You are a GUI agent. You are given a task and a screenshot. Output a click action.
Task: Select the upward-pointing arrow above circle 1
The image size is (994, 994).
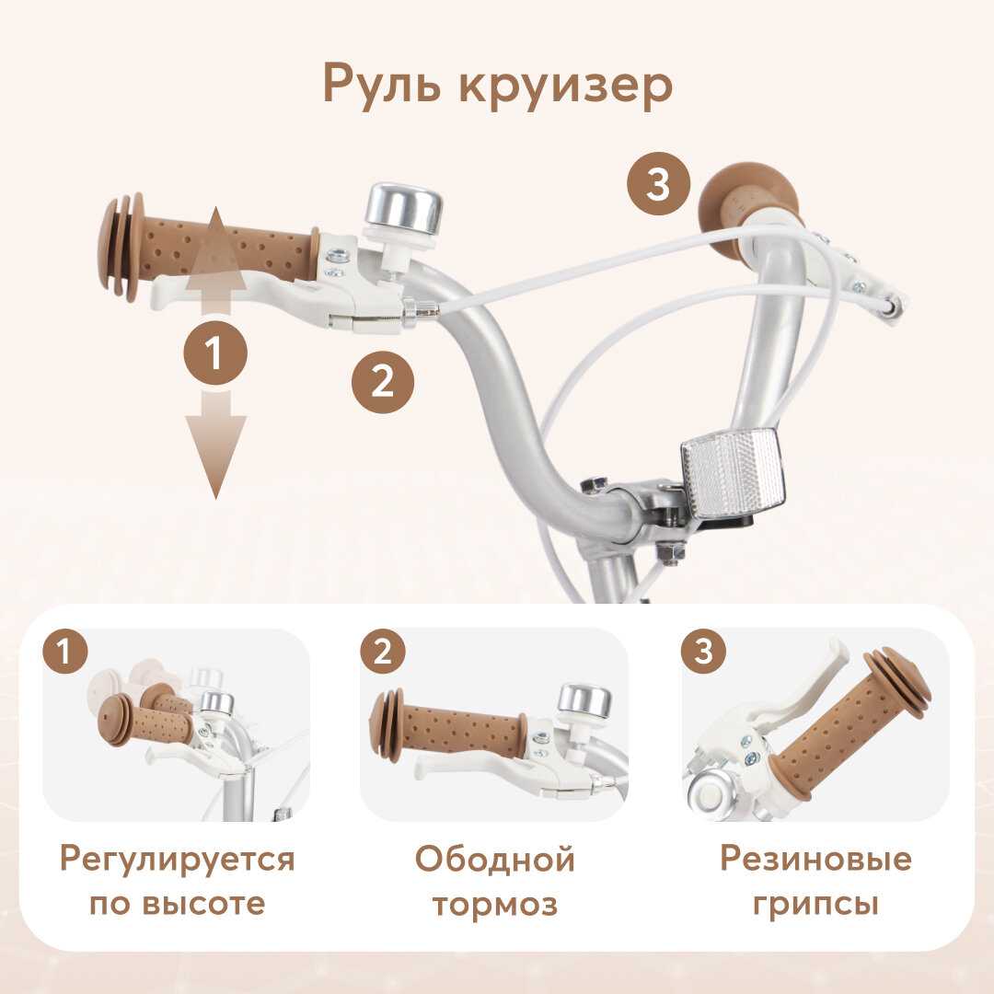pyautogui.click(x=215, y=260)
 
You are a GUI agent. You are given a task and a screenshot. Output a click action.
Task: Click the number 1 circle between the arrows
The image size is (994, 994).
pyautogui.click(x=215, y=353)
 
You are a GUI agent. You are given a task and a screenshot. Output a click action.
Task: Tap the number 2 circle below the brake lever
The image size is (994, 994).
pyautogui.click(x=383, y=383)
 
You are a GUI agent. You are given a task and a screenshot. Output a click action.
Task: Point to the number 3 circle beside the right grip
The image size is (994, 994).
pyautogui.click(x=658, y=184)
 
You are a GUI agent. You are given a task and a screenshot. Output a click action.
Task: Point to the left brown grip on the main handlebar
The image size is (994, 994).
pyautogui.click(x=209, y=248)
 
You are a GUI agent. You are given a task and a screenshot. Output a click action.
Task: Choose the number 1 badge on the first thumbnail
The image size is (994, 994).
pyautogui.click(x=64, y=652)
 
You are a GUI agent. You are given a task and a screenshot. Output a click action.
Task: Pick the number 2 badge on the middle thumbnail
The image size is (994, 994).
pyautogui.click(x=382, y=652)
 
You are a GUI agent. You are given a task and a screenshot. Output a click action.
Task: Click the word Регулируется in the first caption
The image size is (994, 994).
pyautogui.click(x=178, y=861)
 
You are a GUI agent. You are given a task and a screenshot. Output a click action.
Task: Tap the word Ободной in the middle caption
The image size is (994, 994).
pyautogui.click(x=495, y=861)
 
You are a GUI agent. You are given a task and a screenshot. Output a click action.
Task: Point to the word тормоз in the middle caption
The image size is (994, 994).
pyautogui.click(x=495, y=906)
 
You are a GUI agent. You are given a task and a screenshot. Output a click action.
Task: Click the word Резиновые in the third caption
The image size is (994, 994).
pyautogui.click(x=816, y=860)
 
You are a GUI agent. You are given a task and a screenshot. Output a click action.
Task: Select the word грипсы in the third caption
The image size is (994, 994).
pyautogui.click(x=816, y=907)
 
